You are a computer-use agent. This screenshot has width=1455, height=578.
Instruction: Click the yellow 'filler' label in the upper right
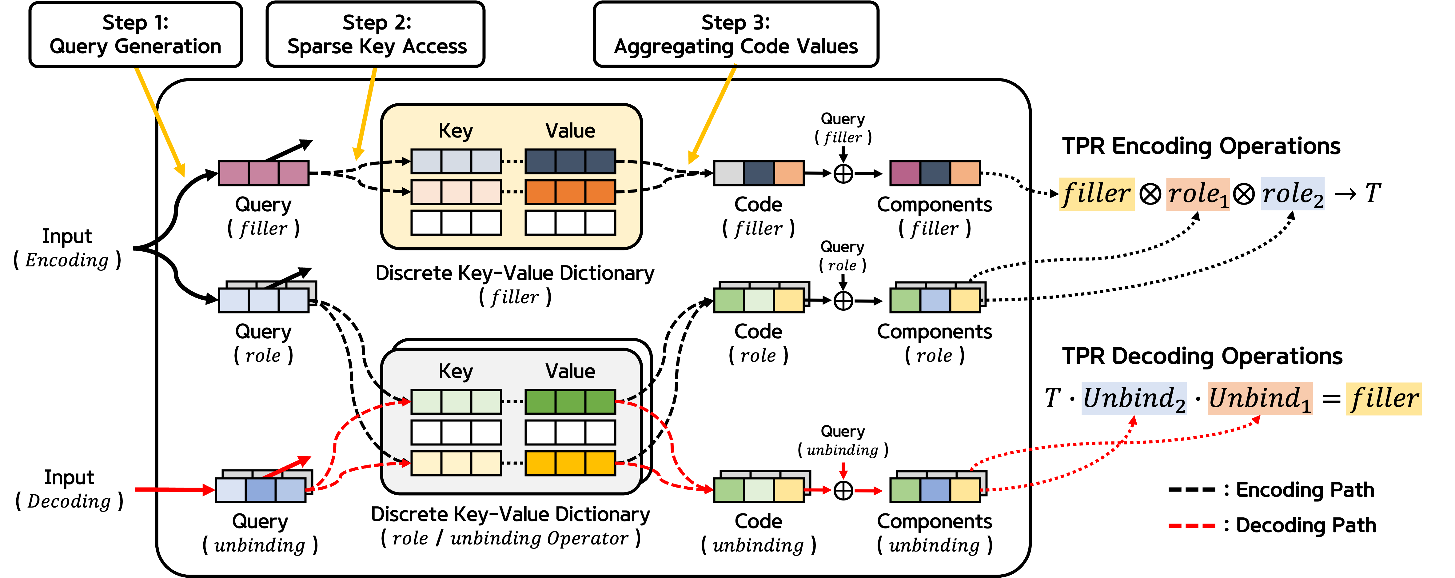[x=1096, y=194]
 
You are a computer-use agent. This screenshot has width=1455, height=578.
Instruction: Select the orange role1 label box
[x=1198, y=194]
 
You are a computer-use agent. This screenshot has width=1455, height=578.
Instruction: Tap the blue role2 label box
[x=1292, y=194]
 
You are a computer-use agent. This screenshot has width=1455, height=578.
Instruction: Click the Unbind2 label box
[x=1134, y=398]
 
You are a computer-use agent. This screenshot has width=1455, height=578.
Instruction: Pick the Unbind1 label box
[x=1260, y=398]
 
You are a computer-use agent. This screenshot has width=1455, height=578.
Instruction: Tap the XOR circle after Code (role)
[x=843, y=301]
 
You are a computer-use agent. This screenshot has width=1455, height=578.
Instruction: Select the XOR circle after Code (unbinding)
[x=843, y=490]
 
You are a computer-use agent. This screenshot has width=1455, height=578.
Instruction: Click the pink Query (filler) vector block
[x=263, y=173]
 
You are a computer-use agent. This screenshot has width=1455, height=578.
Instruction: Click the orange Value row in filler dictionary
[x=570, y=192]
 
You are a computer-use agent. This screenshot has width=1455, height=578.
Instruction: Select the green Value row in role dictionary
[x=570, y=402]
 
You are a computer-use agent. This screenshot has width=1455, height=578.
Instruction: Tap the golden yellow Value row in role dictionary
[x=570, y=463]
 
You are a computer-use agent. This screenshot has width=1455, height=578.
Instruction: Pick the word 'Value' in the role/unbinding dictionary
[x=570, y=371]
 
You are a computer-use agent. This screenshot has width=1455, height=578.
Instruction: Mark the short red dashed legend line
[x=1192, y=525]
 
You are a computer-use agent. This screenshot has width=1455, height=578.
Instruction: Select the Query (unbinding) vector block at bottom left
[x=260, y=490]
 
